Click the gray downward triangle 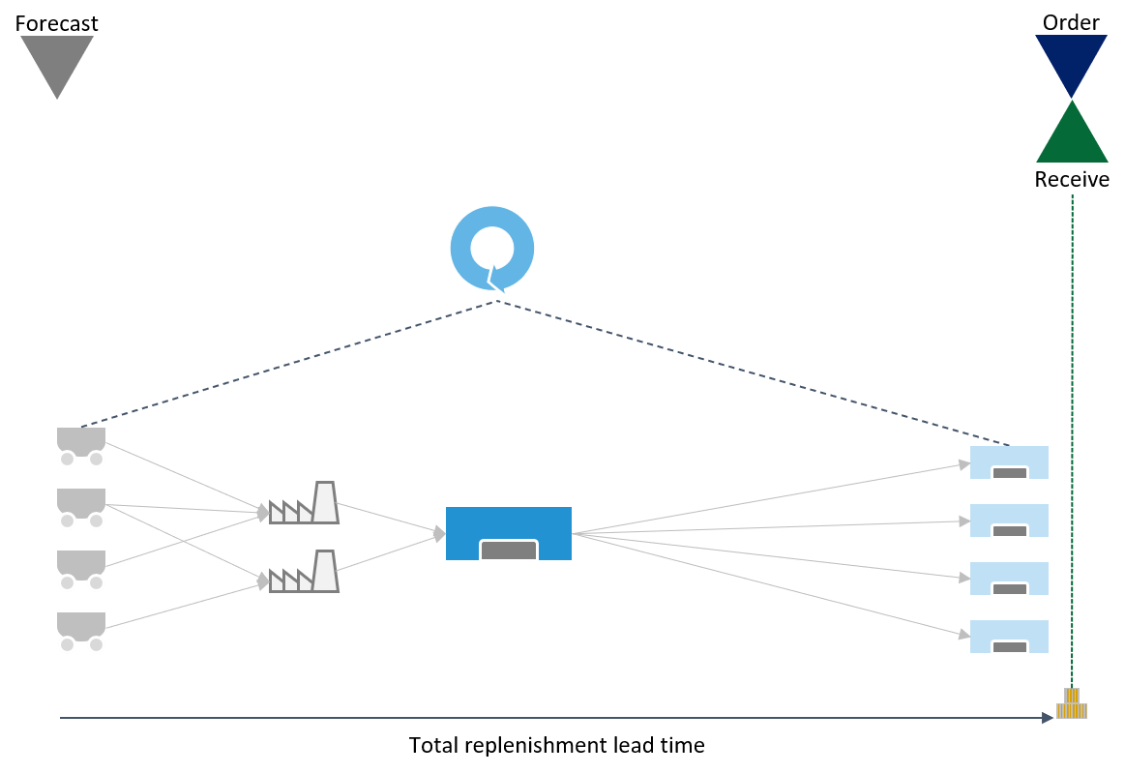(x=57, y=60)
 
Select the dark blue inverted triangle (x=1071, y=60)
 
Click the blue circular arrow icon (x=492, y=248)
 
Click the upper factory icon (x=305, y=504)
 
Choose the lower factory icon (x=305, y=573)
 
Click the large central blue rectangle (x=509, y=522)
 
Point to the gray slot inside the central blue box (x=509, y=551)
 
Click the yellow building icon (x=1072, y=706)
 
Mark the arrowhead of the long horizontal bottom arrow (x=1048, y=718)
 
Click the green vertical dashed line (x=1072, y=435)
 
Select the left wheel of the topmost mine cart (x=67, y=460)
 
